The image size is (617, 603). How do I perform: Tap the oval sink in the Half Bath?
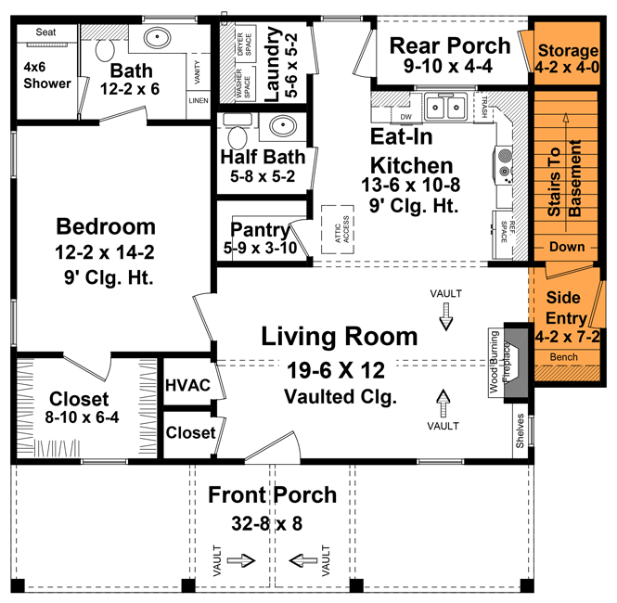pyautogui.click(x=280, y=127)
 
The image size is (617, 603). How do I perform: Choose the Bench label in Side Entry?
pyautogui.click(x=563, y=357)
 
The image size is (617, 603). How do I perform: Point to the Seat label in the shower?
pyautogui.click(x=46, y=32)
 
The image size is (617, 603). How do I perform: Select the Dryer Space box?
pyautogui.click(x=243, y=44)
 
